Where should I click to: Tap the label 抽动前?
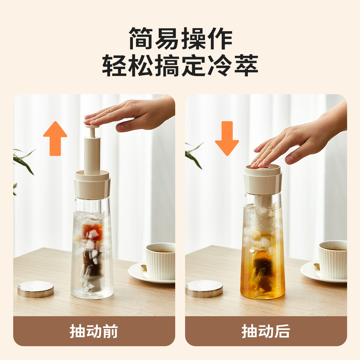(94, 331)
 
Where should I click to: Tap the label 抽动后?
(266, 331)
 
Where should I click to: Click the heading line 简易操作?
(180, 39)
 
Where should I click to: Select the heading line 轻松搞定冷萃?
(180, 65)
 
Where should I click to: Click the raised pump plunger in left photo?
(92, 150)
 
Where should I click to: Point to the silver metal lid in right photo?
(204, 289)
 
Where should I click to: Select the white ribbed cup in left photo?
(160, 261)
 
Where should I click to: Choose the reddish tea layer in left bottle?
(92, 231)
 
